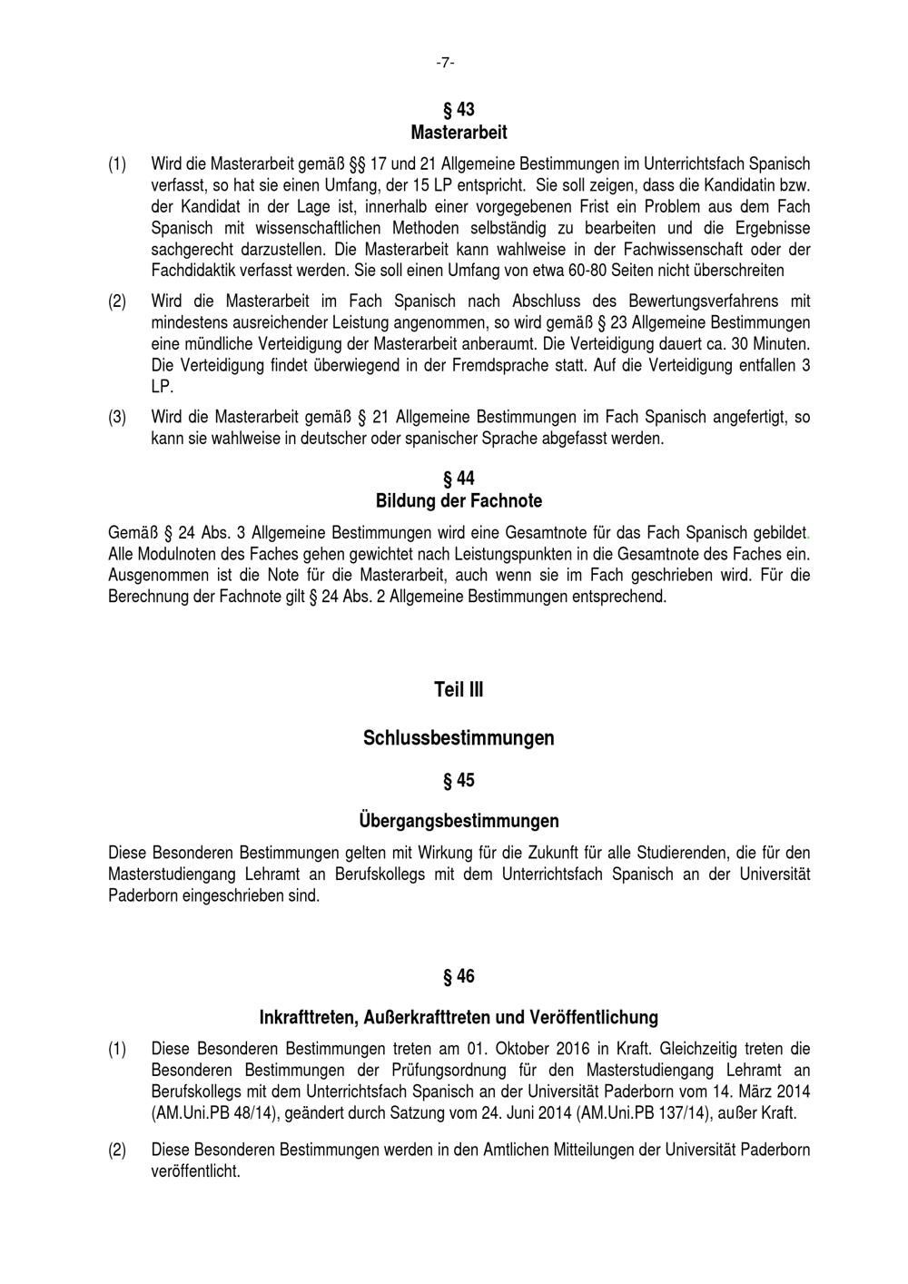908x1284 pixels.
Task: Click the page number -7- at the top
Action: [x=445, y=63]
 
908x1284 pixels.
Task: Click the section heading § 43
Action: [x=459, y=110]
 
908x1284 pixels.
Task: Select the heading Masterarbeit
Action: [x=459, y=133]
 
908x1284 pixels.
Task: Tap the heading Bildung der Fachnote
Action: [x=459, y=500]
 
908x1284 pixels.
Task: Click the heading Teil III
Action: [x=459, y=690]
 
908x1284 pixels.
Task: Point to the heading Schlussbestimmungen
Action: [x=459, y=738]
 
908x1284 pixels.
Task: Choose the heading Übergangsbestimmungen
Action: [x=459, y=821]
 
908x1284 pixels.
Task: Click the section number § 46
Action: [x=459, y=977]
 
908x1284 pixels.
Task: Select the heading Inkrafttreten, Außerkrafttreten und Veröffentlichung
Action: [x=459, y=1017]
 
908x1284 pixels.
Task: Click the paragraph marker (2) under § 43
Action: [x=117, y=301]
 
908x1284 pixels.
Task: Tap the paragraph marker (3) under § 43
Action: [x=117, y=418]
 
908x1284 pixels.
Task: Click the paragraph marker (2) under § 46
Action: [x=117, y=1150]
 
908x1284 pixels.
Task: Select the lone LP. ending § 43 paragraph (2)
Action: [x=162, y=387]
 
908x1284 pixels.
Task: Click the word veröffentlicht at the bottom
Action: [x=195, y=1171]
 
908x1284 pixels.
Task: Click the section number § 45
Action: [x=459, y=781]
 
